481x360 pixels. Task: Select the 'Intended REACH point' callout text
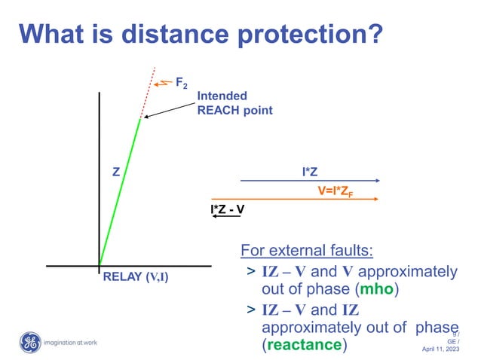tap(234, 103)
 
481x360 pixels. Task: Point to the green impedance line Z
tap(121, 192)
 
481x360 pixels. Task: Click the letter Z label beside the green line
tap(115, 172)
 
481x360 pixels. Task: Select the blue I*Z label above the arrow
tap(309, 172)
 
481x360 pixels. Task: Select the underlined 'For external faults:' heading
tap(307, 249)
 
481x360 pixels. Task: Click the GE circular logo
tap(29, 343)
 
